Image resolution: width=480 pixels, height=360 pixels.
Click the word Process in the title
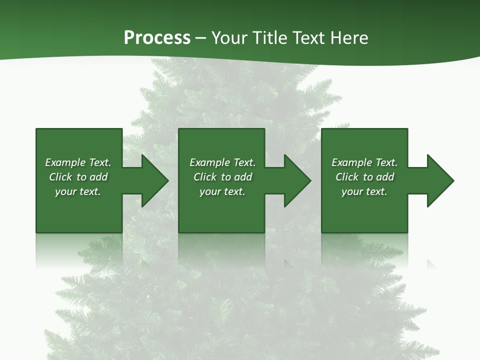157,38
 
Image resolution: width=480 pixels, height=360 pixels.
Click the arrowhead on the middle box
296,180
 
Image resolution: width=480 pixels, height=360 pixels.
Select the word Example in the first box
65,162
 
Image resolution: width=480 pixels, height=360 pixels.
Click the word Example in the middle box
209,162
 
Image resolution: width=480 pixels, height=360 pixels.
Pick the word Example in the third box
351,162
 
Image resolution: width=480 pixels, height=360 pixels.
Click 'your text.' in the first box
78,191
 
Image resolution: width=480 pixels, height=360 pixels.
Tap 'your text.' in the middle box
222,191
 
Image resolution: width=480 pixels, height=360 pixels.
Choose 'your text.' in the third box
364,191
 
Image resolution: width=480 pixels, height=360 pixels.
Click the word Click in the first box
60,177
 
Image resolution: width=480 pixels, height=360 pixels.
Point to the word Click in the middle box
205,177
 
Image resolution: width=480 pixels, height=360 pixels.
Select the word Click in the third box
347,177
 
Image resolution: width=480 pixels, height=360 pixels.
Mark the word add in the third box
385,177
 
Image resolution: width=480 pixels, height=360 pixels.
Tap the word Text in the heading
307,38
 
